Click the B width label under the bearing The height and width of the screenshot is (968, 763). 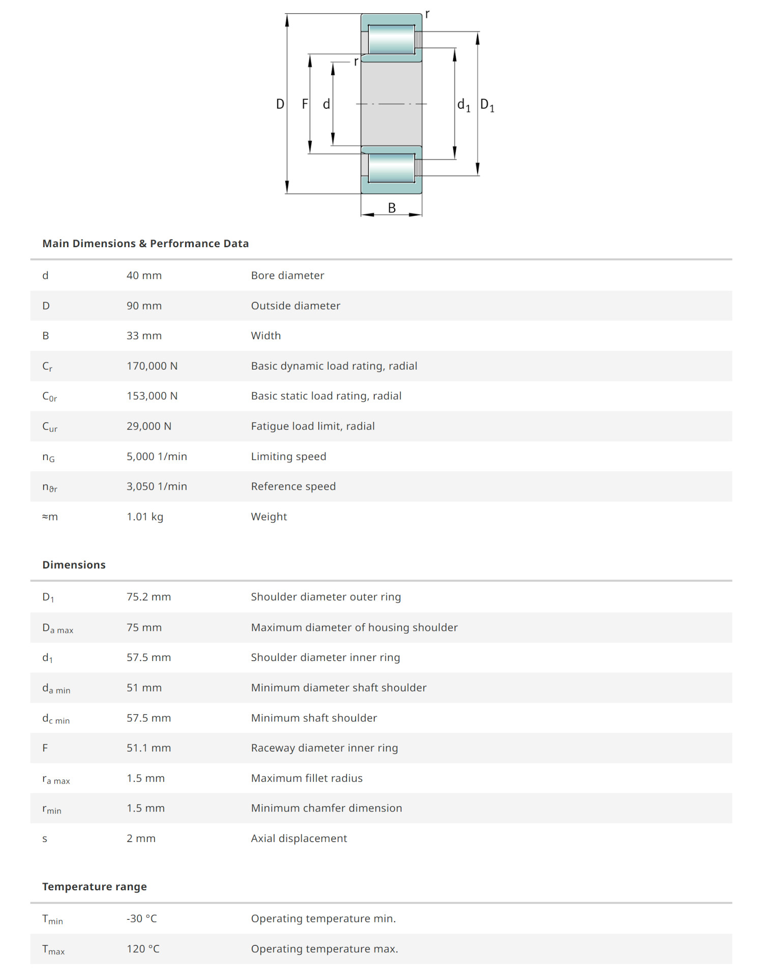tap(392, 208)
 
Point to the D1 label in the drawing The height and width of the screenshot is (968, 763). tap(487, 105)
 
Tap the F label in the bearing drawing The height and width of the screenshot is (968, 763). tap(305, 104)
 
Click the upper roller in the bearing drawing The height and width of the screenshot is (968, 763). tap(391, 39)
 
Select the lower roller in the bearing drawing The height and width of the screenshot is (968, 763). tap(391, 168)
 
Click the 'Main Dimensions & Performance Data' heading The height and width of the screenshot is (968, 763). tap(145, 244)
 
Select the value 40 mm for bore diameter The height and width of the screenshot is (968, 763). tap(144, 276)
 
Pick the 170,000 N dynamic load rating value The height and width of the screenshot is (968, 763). tap(152, 366)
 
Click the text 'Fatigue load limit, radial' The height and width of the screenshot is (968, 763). tap(313, 426)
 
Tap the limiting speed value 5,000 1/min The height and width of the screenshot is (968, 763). tap(157, 457)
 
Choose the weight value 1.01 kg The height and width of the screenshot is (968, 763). tap(145, 517)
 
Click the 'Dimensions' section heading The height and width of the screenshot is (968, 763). tap(74, 565)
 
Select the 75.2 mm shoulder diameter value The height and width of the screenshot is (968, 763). tap(149, 597)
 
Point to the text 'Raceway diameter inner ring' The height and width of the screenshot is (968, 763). tap(325, 748)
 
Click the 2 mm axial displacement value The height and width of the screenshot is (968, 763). tap(141, 838)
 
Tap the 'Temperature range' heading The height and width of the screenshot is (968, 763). tap(95, 887)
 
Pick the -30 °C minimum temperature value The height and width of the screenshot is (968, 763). tap(142, 919)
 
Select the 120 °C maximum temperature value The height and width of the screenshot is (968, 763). tap(143, 949)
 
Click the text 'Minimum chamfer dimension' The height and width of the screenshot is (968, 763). tap(327, 808)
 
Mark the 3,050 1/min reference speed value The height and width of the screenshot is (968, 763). tap(157, 487)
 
